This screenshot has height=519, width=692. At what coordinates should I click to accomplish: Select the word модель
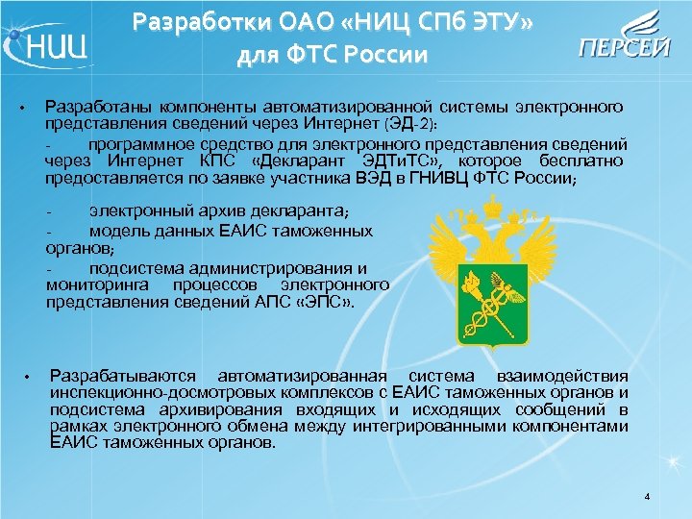tap(119, 231)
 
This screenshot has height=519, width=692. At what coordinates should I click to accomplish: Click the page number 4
tap(648, 497)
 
